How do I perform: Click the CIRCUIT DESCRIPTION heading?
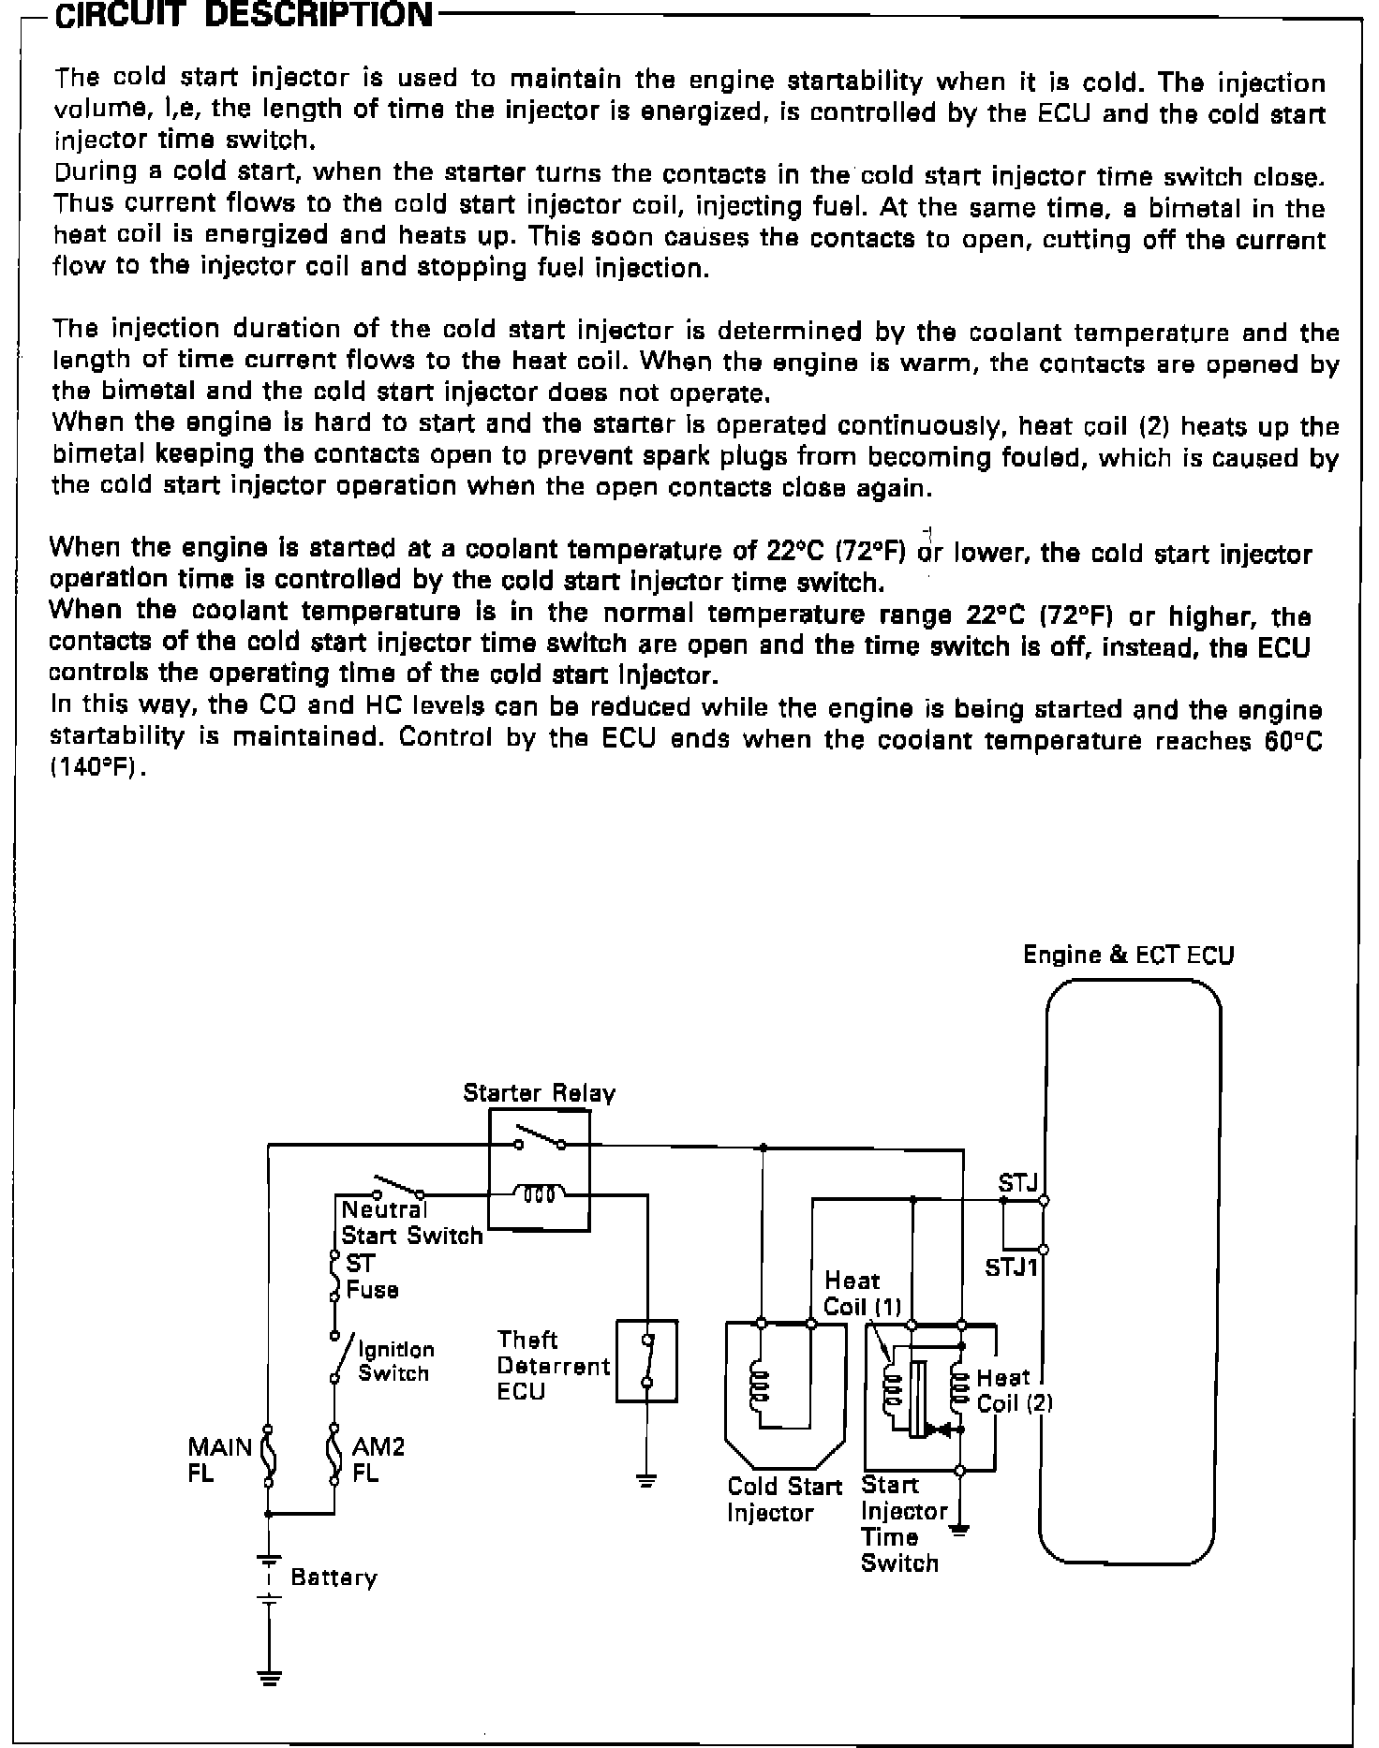(244, 16)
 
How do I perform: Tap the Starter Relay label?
(539, 1093)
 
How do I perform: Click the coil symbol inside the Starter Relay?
(540, 1193)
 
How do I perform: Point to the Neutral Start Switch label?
(411, 1222)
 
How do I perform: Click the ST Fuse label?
(372, 1277)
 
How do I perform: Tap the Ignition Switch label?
(395, 1361)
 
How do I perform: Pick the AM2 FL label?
(378, 1459)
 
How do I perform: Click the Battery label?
(334, 1578)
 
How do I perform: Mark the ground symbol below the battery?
(269, 1678)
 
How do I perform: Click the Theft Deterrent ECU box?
(646, 1361)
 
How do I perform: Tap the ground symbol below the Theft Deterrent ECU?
(646, 1481)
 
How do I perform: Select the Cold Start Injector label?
(784, 1500)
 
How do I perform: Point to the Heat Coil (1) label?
(861, 1294)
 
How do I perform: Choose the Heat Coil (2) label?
(1015, 1390)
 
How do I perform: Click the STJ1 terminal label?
(1013, 1267)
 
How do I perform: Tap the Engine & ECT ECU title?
(1128, 955)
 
